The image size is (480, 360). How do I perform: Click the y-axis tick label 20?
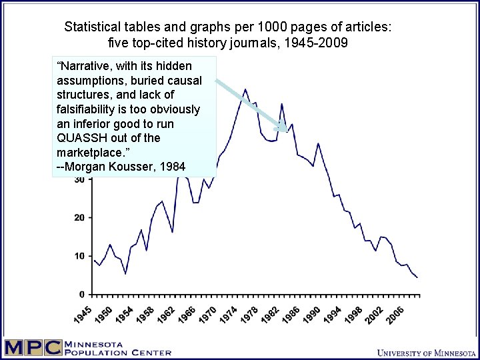tap(79, 217)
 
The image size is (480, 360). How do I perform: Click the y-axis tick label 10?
tap(79, 256)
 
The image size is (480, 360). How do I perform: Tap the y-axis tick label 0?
tap(82, 294)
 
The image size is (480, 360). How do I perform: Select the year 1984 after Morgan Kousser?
tap(173, 167)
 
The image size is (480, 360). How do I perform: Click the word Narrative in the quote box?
tap(88, 66)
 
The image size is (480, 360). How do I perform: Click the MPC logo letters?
tap(32, 348)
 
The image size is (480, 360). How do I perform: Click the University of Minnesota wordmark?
tap(425, 352)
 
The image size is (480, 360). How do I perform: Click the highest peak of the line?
tap(245, 89)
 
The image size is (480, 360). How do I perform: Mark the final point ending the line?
tap(417, 277)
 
